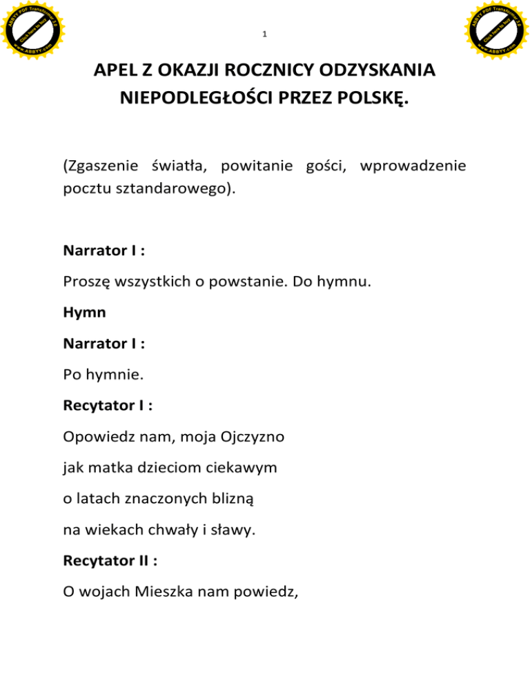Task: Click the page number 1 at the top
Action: (265, 35)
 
